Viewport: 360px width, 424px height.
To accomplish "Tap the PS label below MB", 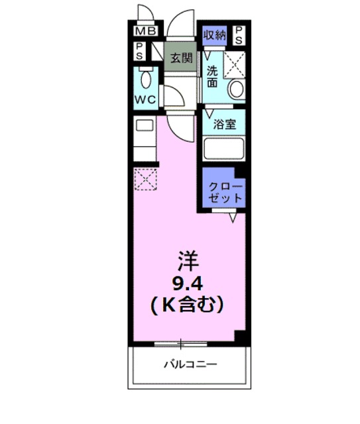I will (x=140, y=51).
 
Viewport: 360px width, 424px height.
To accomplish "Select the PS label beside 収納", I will (x=239, y=34).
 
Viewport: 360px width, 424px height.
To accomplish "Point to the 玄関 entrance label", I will (x=180, y=57).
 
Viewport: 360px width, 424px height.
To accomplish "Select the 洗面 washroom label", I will (x=211, y=76).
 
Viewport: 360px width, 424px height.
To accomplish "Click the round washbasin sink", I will (x=234, y=90).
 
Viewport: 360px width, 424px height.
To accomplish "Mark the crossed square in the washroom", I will (x=235, y=64).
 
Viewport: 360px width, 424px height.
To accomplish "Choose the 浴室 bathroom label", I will (x=225, y=124).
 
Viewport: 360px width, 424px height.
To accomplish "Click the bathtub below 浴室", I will (x=224, y=148).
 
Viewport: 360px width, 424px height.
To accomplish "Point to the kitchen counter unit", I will (x=145, y=138).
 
